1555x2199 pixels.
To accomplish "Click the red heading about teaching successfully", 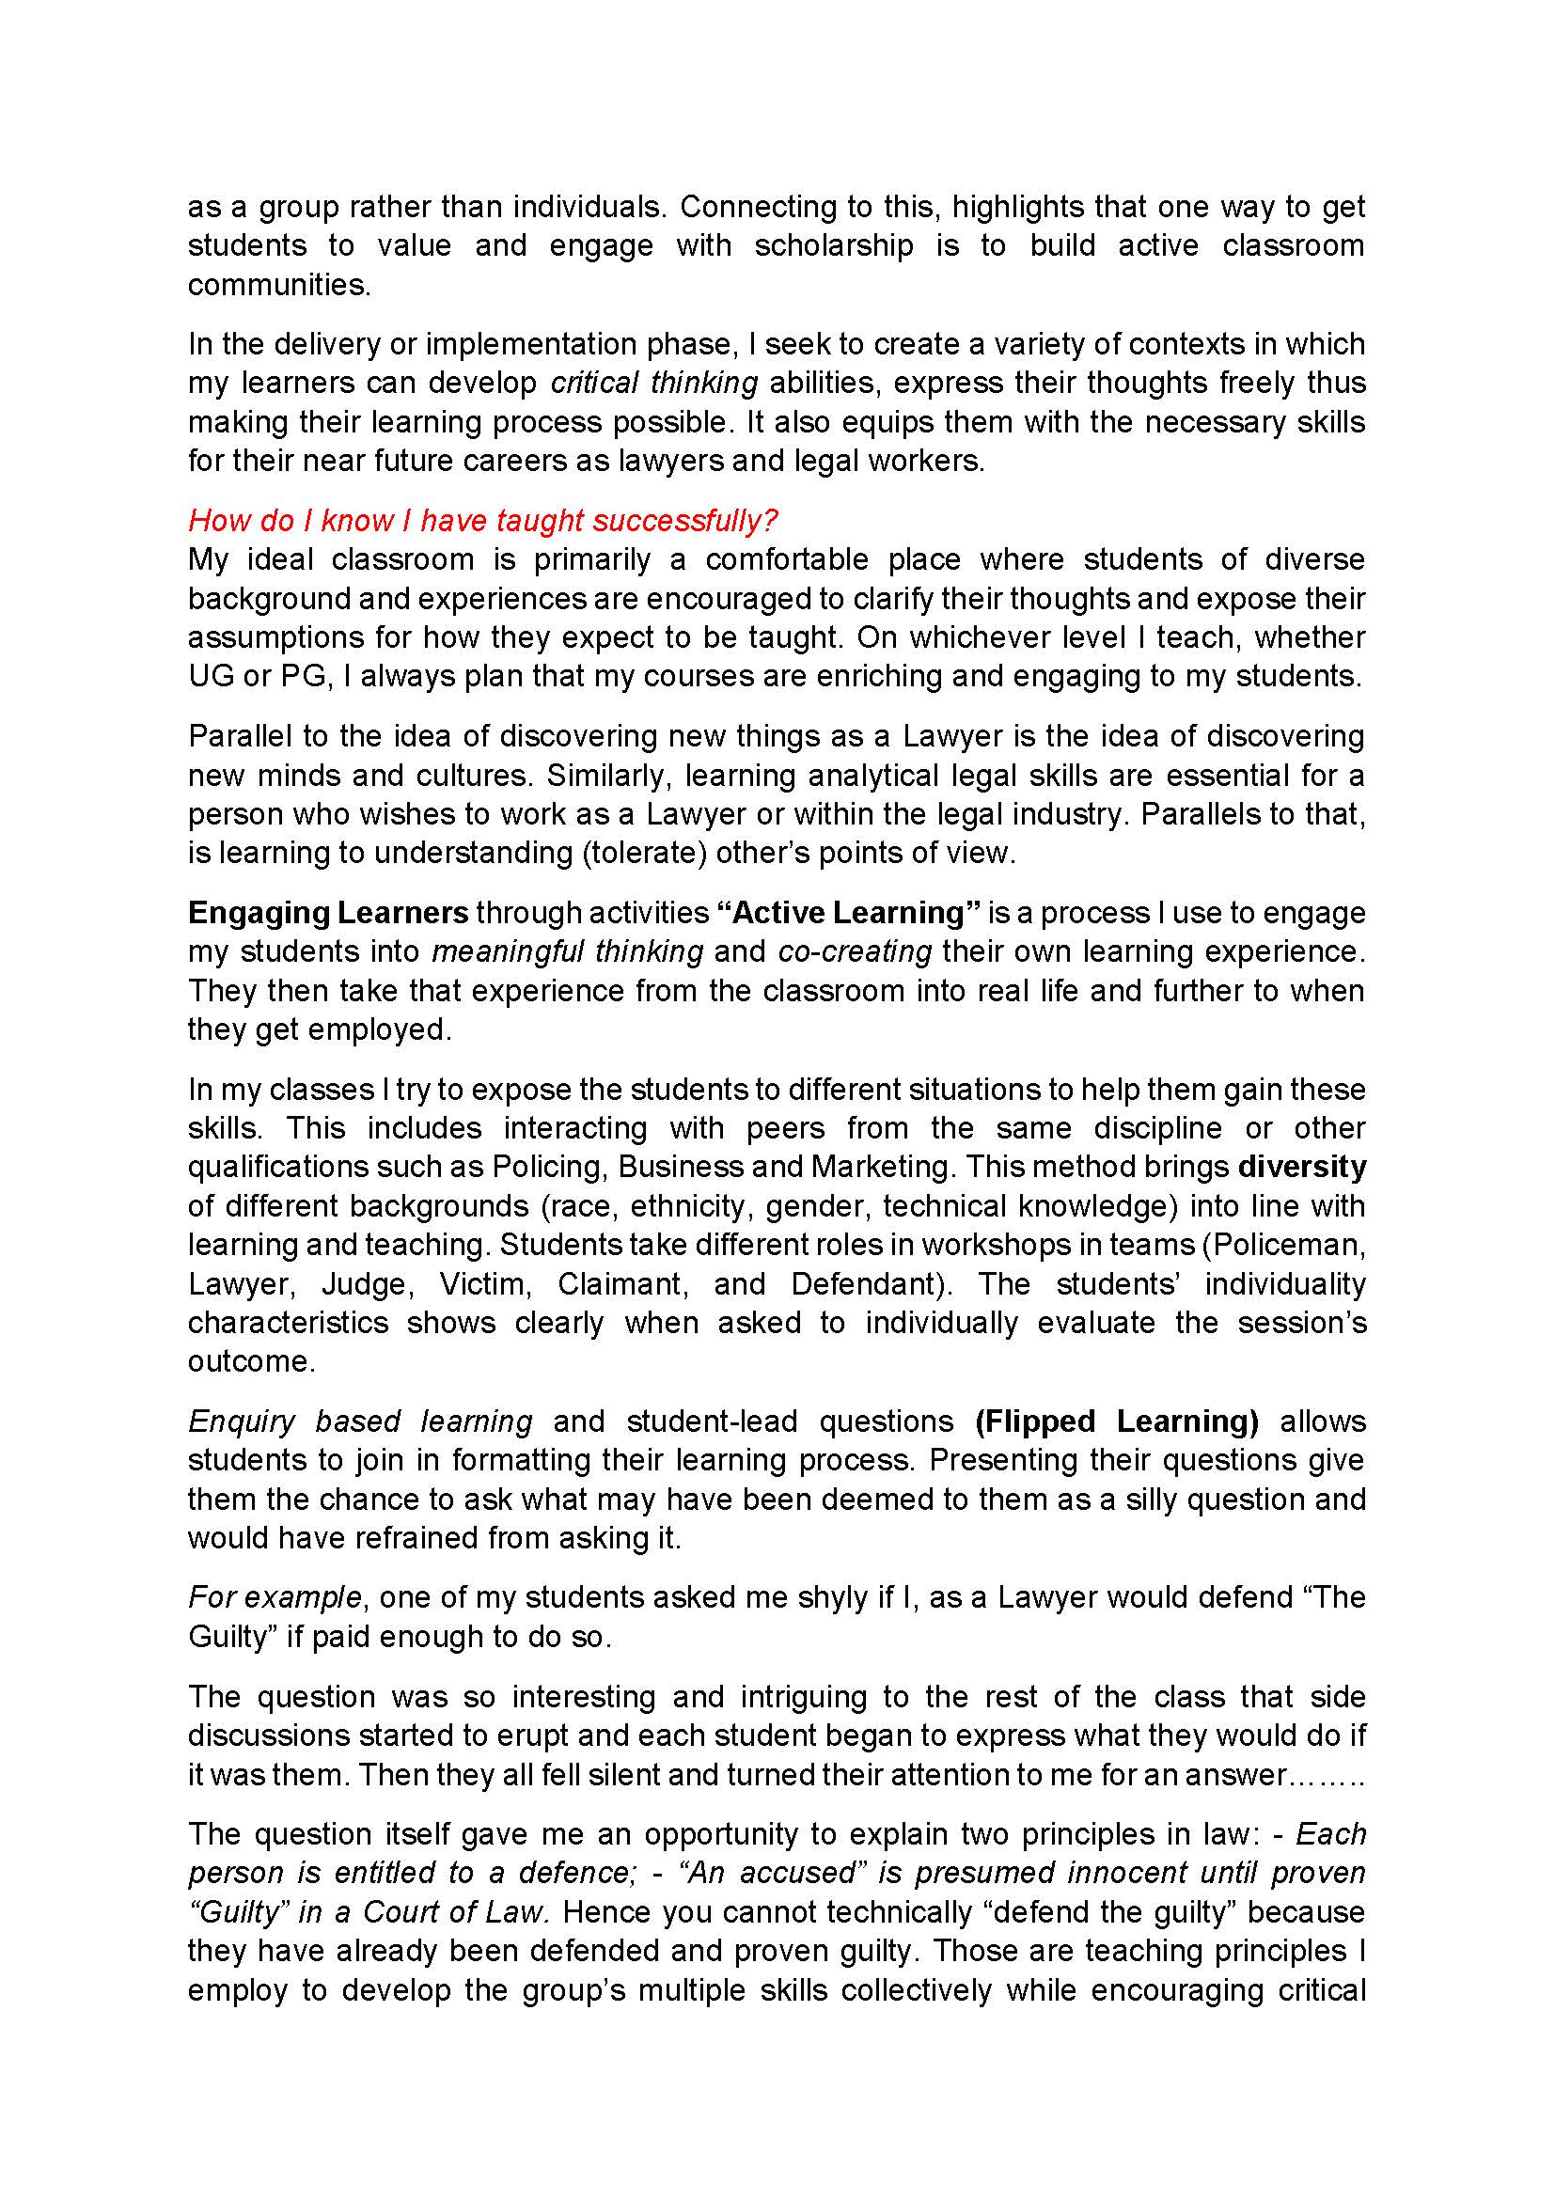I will [x=482, y=520].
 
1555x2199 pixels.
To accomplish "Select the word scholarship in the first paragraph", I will [x=833, y=245].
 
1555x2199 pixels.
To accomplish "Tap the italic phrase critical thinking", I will [x=654, y=382].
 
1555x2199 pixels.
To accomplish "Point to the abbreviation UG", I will [x=211, y=676].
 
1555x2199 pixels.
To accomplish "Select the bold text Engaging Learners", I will [x=327, y=912].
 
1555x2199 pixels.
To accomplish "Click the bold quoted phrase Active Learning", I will [x=848, y=912].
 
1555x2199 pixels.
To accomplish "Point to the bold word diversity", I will [x=1301, y=1167].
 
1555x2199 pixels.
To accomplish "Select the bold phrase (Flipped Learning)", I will [x=1117, y=1421].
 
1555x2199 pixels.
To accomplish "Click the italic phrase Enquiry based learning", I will [x=360, y=1421].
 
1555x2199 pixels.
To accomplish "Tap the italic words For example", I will [x=275, y=1597].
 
